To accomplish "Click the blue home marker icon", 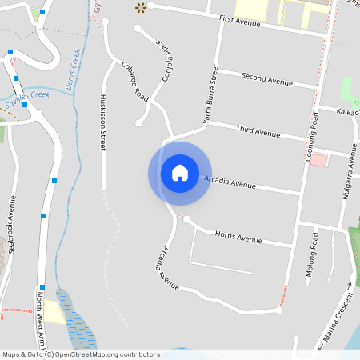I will [180, 173].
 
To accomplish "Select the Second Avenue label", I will [267, 81].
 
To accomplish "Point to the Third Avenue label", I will [257, 130].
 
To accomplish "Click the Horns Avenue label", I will [238, 237].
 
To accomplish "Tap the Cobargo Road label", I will [135, 82].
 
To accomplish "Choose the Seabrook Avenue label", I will [11, 226].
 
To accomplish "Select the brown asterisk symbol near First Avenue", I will [141, 8].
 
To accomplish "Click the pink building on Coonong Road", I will [319, 160].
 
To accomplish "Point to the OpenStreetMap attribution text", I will [81, 354].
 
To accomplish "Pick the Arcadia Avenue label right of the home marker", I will [230, 182].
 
